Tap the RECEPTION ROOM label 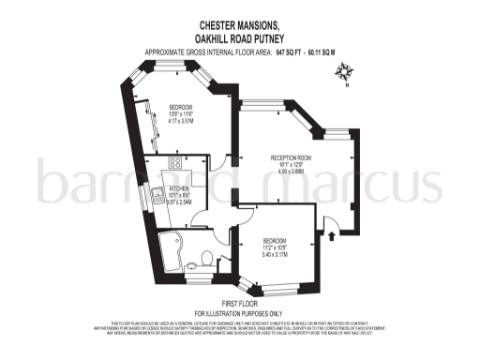[x=290, y=157]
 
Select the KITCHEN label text [x=179, y=189]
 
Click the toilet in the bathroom [x=206, y=256]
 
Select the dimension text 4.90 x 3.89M [x=290, y=172]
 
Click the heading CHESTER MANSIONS [x=239, y=26]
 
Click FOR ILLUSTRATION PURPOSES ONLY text [x=239, y=312]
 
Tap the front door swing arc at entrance [x=323, y=216]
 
